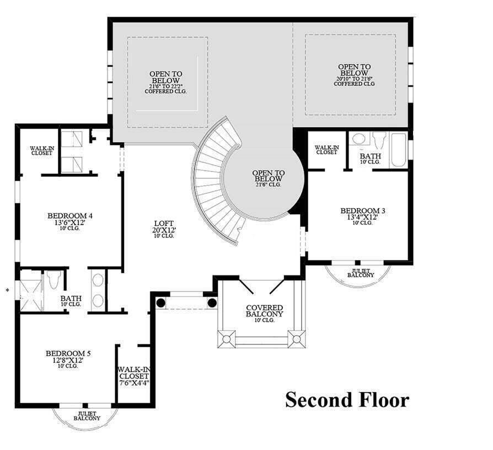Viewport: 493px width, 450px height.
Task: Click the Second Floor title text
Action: tap(347, 399)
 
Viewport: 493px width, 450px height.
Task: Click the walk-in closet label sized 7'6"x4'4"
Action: tap(133, 375)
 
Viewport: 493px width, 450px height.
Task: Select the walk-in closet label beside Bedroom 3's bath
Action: tap(326, 149)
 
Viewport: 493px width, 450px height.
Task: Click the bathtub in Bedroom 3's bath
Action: tap(399, 149)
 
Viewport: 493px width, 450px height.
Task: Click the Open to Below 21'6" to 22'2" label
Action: tap(165, 82)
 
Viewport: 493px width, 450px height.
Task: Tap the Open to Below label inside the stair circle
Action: tap(268, 176)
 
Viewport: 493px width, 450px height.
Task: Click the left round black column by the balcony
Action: tap(160, 303)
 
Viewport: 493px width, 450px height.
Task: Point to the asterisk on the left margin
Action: tap(7, 289)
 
